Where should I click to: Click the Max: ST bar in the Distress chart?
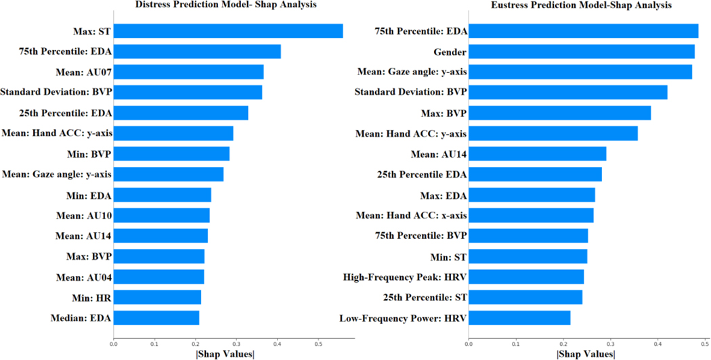(228, 31)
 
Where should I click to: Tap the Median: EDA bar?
(156, 318)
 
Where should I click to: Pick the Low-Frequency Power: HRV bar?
(519, 318)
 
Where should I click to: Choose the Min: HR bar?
(157, 297)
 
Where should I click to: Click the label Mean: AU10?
(85, 216)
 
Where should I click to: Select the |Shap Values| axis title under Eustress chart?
(586, 354)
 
